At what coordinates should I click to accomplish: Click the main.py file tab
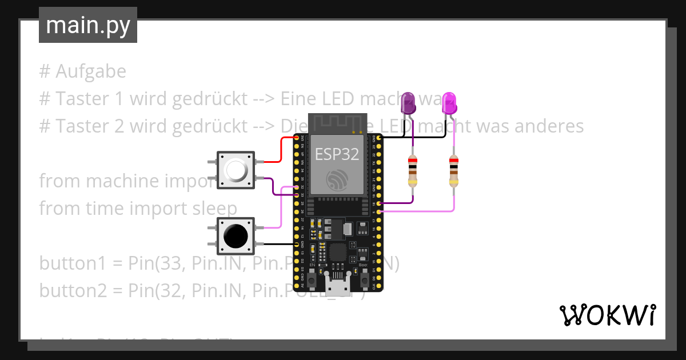point(87,25)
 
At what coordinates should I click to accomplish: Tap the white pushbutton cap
point(236,170)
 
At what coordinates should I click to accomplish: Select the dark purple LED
point(408,103)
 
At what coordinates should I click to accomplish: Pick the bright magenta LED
point(450,103)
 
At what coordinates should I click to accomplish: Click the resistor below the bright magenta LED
point(454,171)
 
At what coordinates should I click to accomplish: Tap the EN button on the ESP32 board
point(312,280)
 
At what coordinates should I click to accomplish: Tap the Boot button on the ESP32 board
point(364,280)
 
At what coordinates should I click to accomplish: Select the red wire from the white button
point(281,150)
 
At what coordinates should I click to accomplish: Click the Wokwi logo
point(607,315)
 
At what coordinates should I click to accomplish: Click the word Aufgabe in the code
point(91,72)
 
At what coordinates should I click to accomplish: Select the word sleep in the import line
point(215,209)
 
